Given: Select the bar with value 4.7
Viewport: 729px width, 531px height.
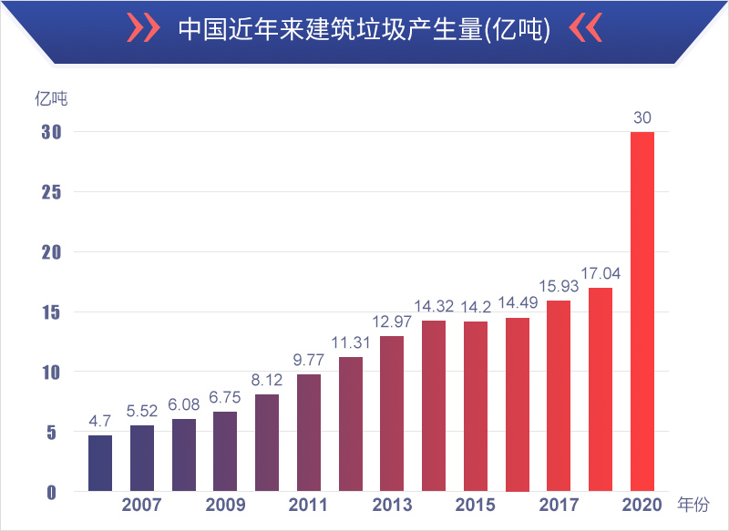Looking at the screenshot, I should point(100,464).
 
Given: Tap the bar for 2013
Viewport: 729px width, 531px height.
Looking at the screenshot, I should point(392,414).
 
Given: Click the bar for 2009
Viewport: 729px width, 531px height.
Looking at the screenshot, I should point(225,452).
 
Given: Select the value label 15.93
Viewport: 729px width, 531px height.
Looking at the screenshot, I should point(559,286).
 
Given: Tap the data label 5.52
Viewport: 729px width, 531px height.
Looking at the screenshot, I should point(142,411).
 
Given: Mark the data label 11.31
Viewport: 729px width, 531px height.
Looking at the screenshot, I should point(351,342).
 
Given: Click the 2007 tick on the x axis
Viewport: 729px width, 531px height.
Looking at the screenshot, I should point(141,505).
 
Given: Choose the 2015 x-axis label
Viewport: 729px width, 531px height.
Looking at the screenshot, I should point(475,505).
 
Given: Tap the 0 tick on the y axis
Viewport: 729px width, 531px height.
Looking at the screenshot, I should point(52,493).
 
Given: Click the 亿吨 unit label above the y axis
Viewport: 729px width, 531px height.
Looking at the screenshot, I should point(51,96).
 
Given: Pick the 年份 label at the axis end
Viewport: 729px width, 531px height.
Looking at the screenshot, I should point(693,504).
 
